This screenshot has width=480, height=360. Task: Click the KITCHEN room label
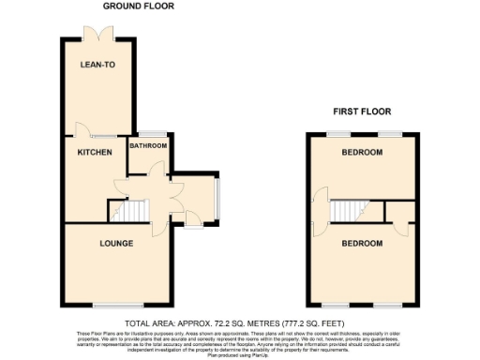click(95, 152)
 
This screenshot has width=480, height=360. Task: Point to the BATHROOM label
click(148, 146)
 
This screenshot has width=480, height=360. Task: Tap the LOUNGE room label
click(116, 244)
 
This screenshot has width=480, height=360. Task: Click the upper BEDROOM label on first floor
click(362, 152)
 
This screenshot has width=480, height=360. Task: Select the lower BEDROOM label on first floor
click(362, 244)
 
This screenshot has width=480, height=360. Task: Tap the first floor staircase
click(348, 212)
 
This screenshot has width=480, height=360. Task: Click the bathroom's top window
click(149, 132)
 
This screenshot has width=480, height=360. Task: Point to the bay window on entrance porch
click(218, 197)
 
